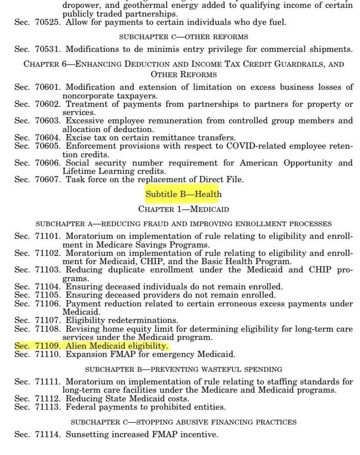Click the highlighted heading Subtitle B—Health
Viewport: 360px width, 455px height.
coord(183,194)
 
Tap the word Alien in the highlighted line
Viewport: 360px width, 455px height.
coord(76,346)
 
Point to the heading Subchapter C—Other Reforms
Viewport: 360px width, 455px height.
coord(184,36)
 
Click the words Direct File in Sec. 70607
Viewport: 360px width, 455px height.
coord(223,179)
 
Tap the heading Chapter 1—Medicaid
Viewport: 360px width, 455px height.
coord(183,209)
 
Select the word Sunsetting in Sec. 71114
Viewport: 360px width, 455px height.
coord(87,435)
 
